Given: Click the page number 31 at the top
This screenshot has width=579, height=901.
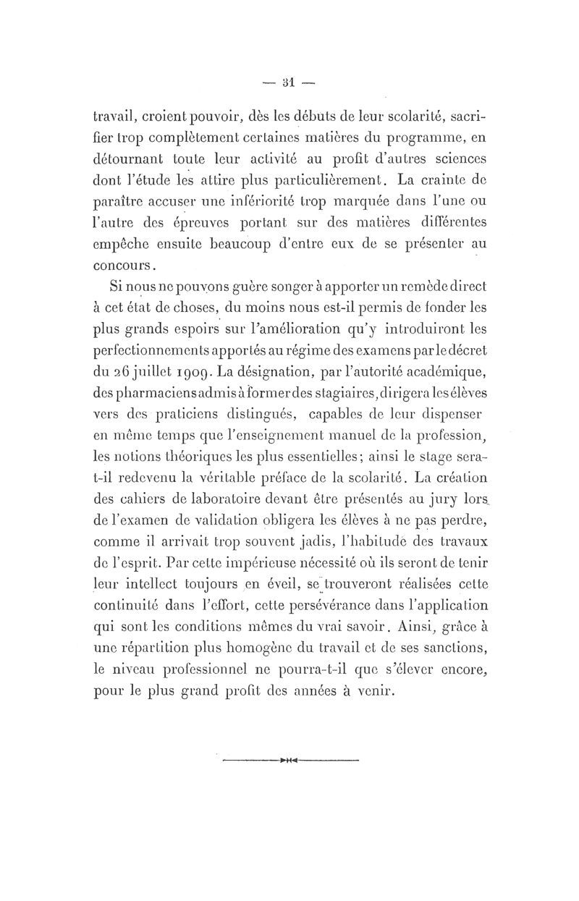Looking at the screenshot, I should point(288,82).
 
